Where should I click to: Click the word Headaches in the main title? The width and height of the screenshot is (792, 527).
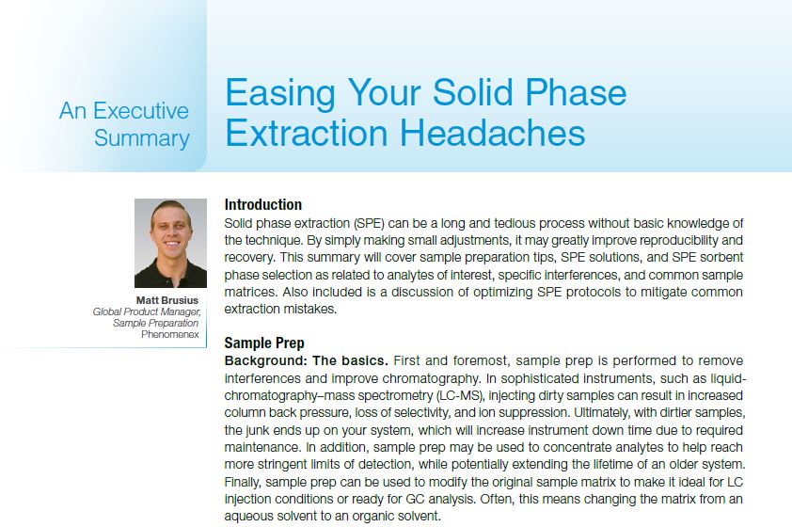tap(493, 133)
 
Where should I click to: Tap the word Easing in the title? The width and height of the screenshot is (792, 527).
tap(280, 93)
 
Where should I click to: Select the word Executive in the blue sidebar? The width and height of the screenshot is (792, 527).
tap(141, 111)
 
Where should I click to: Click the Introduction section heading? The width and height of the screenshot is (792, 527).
tap(263, 204)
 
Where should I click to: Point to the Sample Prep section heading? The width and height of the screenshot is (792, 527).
tap(264, 343)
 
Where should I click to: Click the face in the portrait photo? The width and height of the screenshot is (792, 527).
tap(171, 231)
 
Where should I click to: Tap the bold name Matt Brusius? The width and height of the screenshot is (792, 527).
tap(167, 300)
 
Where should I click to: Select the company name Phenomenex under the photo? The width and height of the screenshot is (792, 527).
tap(170, 334)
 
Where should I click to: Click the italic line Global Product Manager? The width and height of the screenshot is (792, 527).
tap(147, 311)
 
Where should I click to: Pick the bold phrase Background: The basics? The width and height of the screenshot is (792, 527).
tap(306, 360)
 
